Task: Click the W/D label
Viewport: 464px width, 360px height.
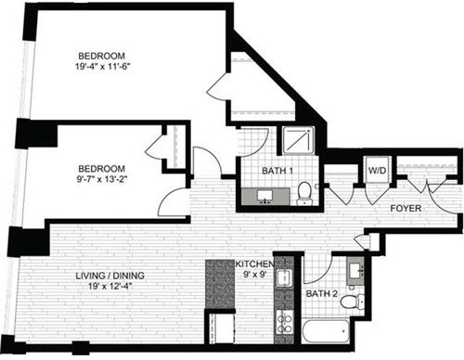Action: click(377, 170)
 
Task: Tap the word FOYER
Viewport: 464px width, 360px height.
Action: click(406, 208)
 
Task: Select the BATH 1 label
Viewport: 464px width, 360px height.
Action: click(277, 171)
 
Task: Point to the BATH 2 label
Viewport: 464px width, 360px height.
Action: click(321, 293)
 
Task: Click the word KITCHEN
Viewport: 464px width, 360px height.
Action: click(254, 264)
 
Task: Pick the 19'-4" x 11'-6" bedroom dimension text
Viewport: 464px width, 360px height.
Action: click(101, 67)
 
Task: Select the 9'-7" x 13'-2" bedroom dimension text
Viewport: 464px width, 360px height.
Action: click(102, 179)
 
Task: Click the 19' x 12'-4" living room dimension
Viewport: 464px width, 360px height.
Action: click(110, 286)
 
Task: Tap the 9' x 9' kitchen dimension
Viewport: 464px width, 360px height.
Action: click(255, 275)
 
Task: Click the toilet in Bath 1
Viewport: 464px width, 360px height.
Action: click(304, 193)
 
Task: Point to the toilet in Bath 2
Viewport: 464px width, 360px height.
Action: click(353, 302)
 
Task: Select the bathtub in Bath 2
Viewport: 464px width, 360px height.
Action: click(326, 330)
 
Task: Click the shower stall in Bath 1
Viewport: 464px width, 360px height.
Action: click(298, 141)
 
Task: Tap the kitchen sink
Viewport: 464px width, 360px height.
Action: click(284, 277)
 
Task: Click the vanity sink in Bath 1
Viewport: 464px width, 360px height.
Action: click(265, 197)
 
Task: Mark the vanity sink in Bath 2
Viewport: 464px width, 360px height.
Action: click(355, 271)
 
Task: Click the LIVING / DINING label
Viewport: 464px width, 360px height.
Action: click(110, 276)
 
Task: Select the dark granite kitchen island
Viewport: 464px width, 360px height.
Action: click(220, 284)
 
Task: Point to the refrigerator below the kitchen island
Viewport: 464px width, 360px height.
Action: click(220, 328)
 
